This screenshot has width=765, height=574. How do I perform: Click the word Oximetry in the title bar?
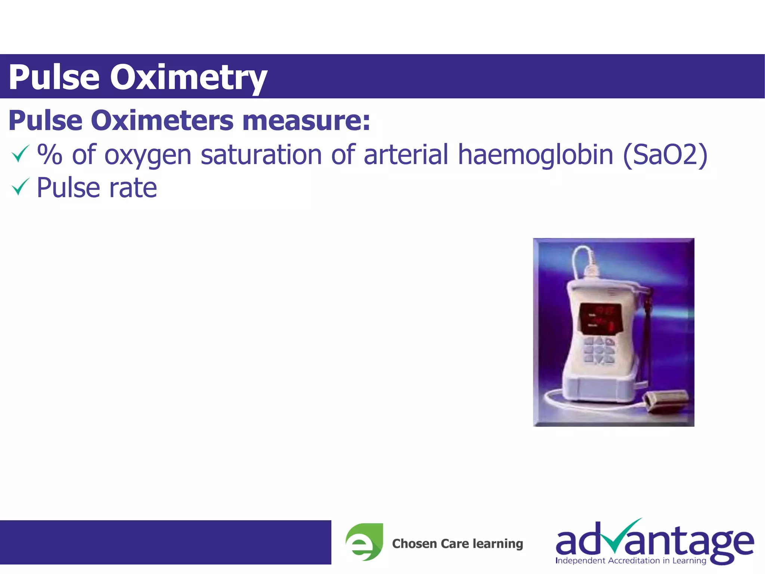(188, 77)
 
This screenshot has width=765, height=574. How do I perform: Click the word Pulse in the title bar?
(54, 77)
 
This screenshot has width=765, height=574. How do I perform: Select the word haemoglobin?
(535, 154)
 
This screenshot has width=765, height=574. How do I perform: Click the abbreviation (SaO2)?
(665, 154)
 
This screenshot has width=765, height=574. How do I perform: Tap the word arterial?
(406, 154)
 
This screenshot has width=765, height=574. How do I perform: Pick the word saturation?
(261, 154)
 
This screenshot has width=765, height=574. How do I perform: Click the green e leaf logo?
(364, 541)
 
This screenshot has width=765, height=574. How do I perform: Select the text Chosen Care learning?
(457, 543)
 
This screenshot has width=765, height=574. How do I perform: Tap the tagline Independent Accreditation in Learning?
(631, 561)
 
